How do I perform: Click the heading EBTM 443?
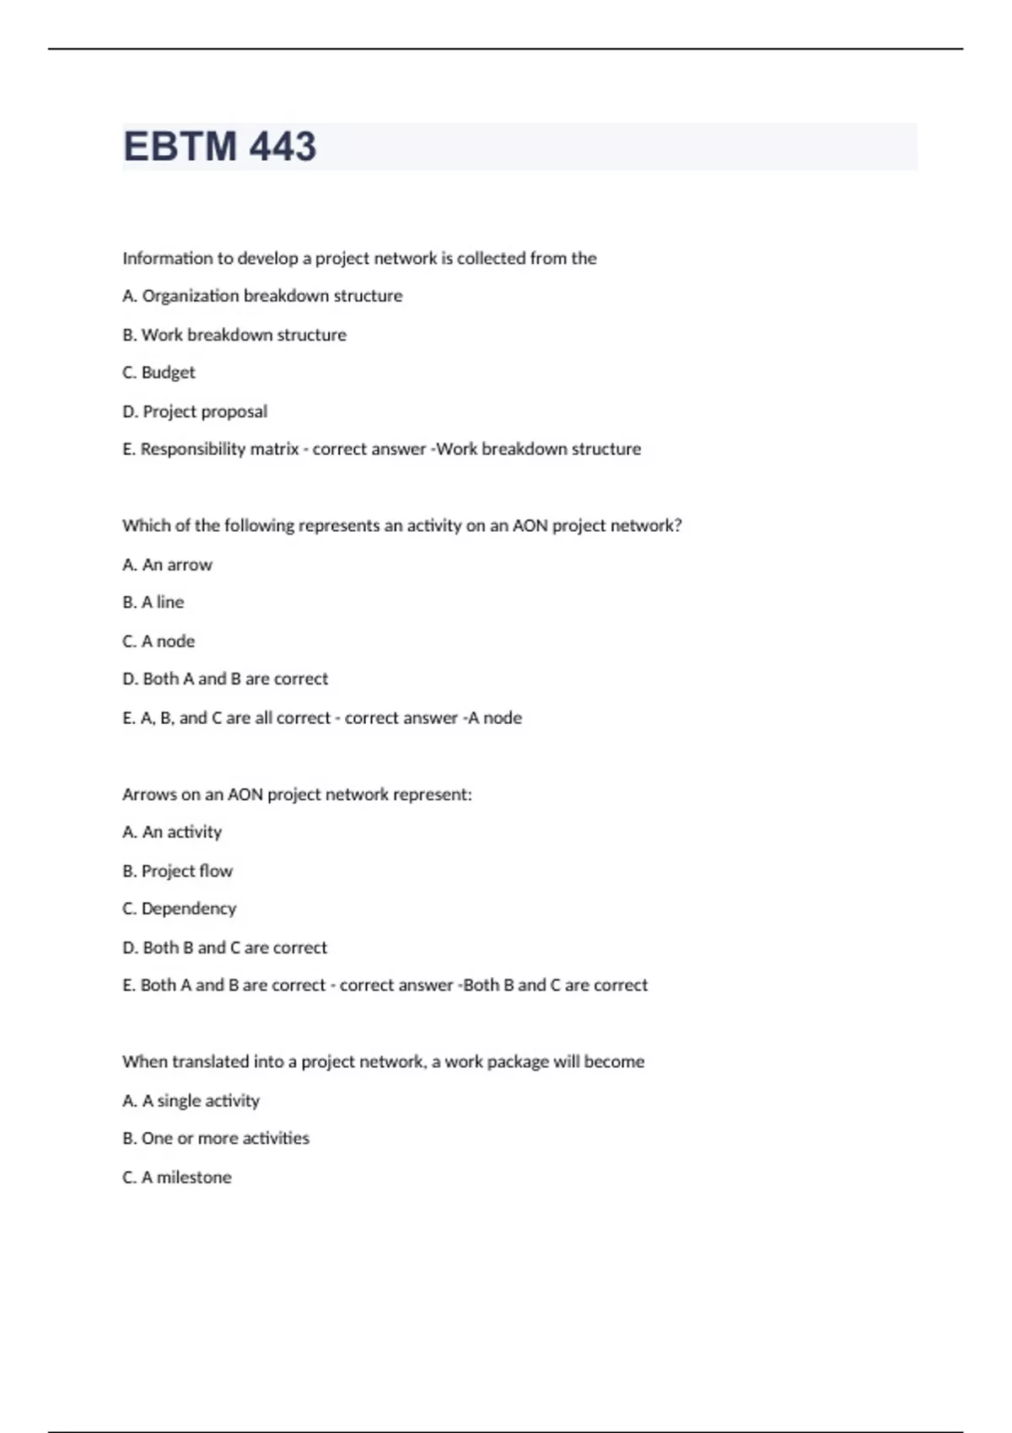click(x=219, y=147)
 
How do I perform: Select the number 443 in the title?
click(x=283, y=147)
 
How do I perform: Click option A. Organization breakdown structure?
click(x=262, y=296)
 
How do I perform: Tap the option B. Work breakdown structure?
click(x=234, y=335)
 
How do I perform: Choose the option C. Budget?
click(x=159, y=373)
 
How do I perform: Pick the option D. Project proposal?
click(x=195, y=411)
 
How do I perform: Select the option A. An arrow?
click(x=167, y=565)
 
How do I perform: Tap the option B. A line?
click(x=153, y=602)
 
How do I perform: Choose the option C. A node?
click(x=159, y=641)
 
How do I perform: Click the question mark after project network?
click(x=677, y=525)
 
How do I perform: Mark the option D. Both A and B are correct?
click(x=225, y=679)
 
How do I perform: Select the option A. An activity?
click(x=172, y=832)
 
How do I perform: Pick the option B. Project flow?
click(x=177, y=871)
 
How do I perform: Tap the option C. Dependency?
click(x=179, y=909)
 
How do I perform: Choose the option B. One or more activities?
click(x=216, y=1138)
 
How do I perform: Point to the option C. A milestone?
click(x=176, y=1178)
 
